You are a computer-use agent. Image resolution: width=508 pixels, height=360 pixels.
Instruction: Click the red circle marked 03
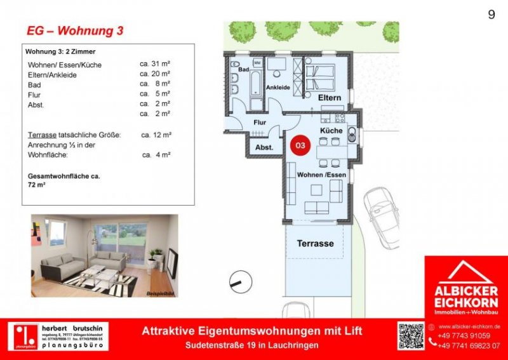tap(300, 145)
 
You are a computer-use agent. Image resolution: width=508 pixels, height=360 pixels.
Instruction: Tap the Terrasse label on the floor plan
tap(315, 243)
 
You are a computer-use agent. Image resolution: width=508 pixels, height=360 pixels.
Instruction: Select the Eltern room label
tap(330, 98)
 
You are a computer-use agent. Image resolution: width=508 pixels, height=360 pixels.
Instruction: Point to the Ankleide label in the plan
tap(277, 87)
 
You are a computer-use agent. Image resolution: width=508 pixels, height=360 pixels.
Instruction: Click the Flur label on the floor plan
tap(260, 123)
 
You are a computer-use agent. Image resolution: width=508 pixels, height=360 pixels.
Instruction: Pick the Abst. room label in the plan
tap(264, 147)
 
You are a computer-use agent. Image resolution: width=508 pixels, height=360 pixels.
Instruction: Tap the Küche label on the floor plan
tap(331, 130)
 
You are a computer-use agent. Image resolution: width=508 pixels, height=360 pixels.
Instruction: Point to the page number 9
tap(491, 15)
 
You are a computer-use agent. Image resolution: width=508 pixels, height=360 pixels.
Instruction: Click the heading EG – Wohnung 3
tap(75, 30)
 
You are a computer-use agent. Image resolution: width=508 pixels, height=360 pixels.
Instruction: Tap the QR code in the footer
tap(410, 336)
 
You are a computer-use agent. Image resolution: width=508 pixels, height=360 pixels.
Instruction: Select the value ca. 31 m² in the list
tap(156, 65)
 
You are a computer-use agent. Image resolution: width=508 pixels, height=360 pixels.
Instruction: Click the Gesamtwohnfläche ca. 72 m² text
tap(63, 180)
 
